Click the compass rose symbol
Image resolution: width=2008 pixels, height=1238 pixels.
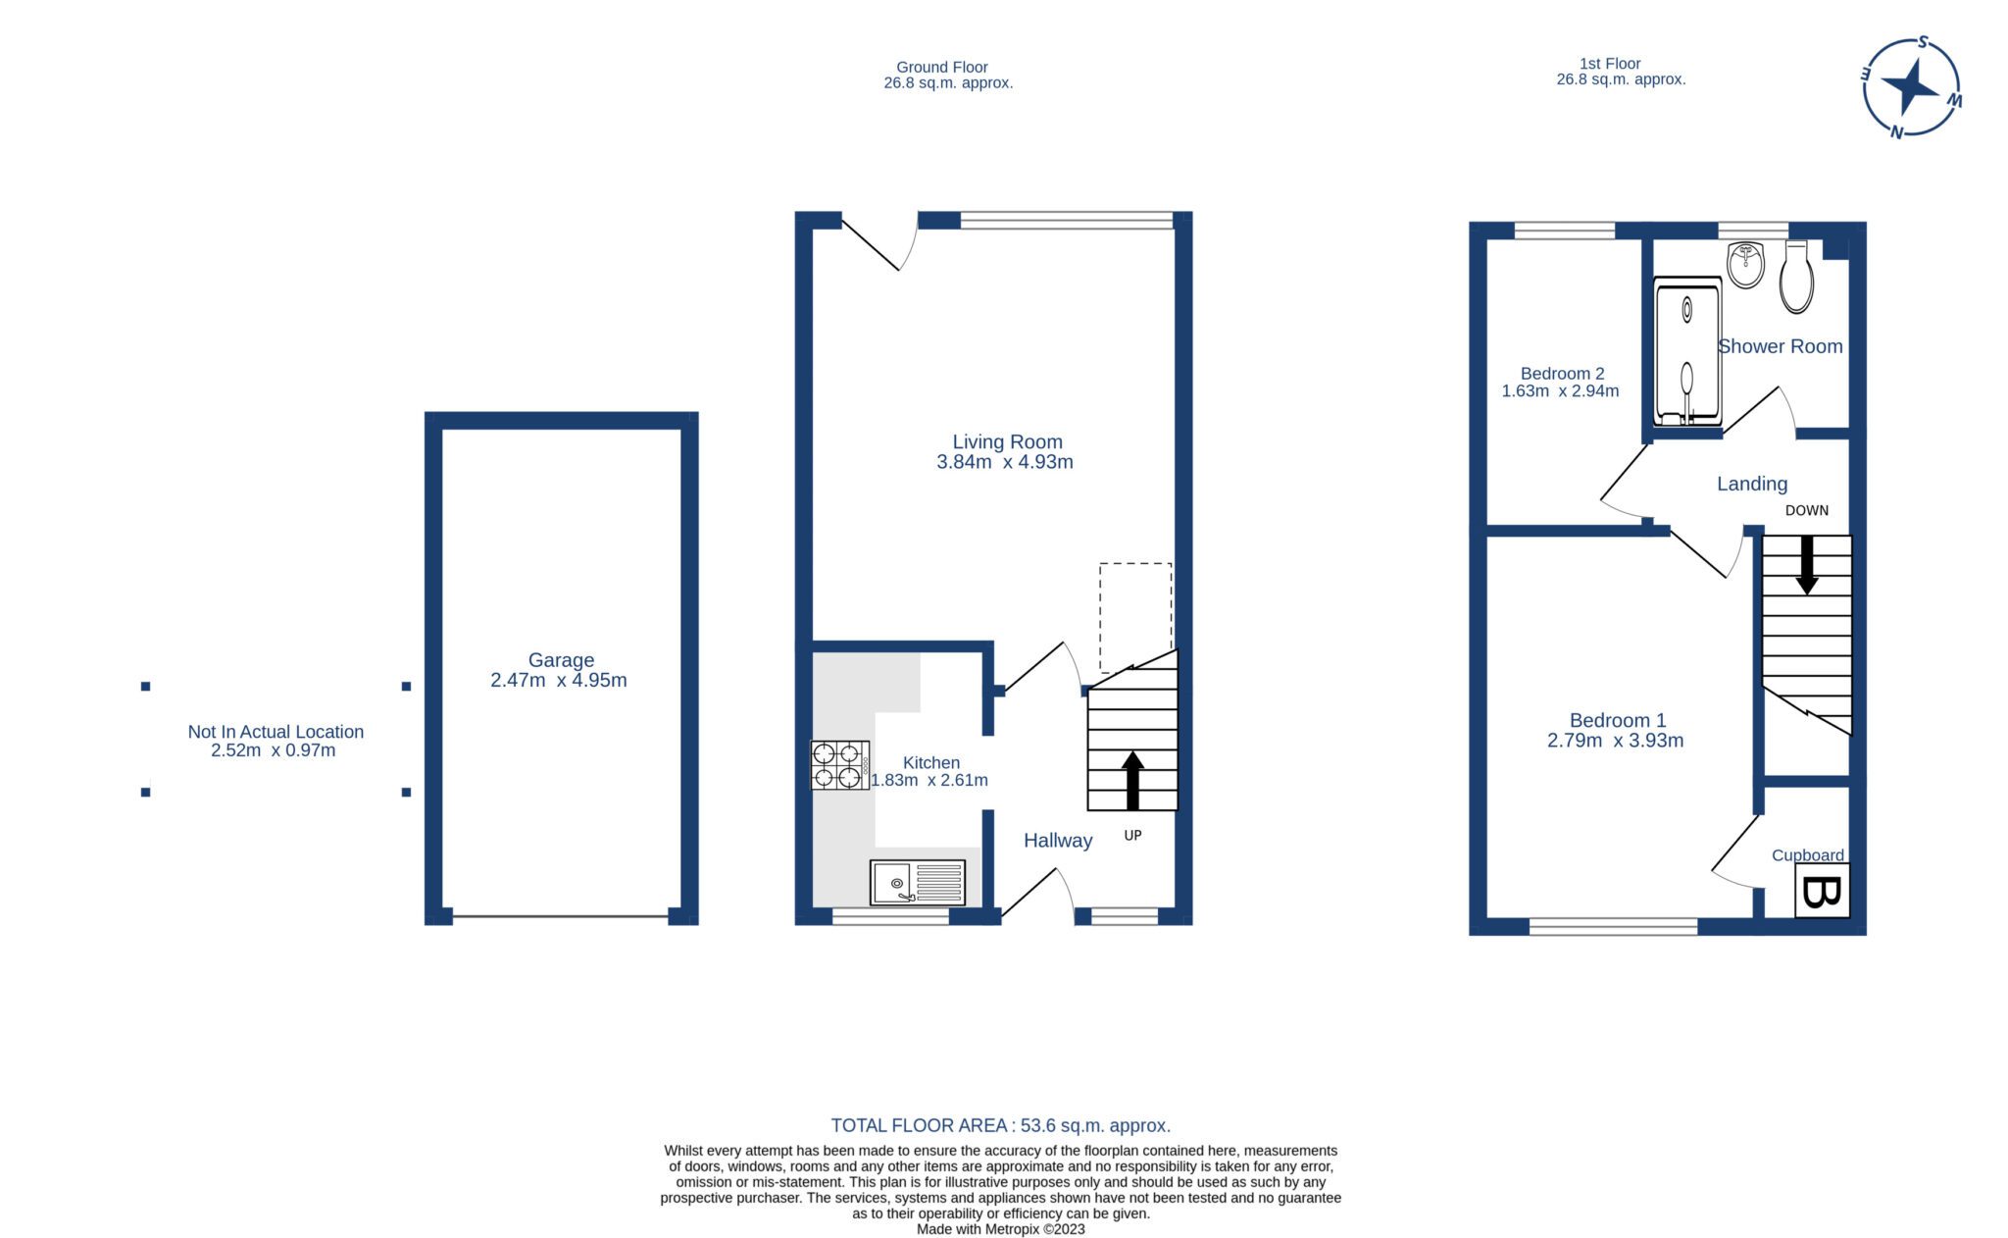coord(1911,87)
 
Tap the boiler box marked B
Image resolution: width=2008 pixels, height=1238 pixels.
coord(1822,891)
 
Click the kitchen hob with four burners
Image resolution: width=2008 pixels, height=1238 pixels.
coord(839,765)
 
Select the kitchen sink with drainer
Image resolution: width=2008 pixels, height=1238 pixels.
coord(918,882)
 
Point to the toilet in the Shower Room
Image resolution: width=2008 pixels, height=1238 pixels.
coord(1796,278)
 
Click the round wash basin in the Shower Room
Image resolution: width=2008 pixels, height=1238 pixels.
coord(1745,265)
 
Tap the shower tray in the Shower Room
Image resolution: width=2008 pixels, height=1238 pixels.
coord(1687,351)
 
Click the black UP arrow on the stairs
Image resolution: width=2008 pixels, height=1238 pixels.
coord(1132,780)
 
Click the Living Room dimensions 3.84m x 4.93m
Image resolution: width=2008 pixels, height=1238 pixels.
coord(1005,462)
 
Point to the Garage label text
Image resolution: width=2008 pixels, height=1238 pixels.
coord(561,660)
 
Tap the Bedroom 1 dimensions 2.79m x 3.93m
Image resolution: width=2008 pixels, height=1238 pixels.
coord(1615,741)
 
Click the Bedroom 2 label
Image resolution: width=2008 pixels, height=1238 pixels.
coord(1562,374)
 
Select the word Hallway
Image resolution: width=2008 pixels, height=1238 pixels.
coord(1057,841)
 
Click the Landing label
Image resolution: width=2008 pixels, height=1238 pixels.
coord(1751,484)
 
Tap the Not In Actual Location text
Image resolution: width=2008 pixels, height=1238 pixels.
coord(276,732)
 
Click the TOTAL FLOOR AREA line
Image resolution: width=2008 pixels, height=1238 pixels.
coord(1000,1125)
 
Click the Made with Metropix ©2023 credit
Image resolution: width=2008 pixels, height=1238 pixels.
coord(1000,1229)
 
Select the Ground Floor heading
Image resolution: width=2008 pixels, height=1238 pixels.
coord(941,68)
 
